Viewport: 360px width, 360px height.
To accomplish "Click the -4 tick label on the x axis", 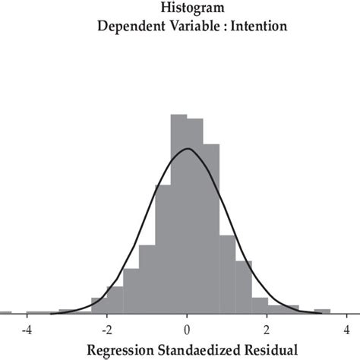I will coord(27,330).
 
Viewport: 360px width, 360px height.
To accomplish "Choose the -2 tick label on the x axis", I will coord(106,330).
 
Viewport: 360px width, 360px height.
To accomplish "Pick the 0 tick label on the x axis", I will coord(187,330).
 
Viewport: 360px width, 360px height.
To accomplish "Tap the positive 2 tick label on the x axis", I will coord(267,330).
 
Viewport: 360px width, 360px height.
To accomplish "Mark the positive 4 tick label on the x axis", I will coord(346,330).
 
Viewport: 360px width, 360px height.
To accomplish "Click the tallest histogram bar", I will coord(178,213).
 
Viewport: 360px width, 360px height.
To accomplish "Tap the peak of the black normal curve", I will coord(187,149).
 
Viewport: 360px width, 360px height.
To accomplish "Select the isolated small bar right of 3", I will coord(322,311).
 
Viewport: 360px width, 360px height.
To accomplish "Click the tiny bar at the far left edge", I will coord(5,312).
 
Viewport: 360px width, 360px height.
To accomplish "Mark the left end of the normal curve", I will coord(52,313).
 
